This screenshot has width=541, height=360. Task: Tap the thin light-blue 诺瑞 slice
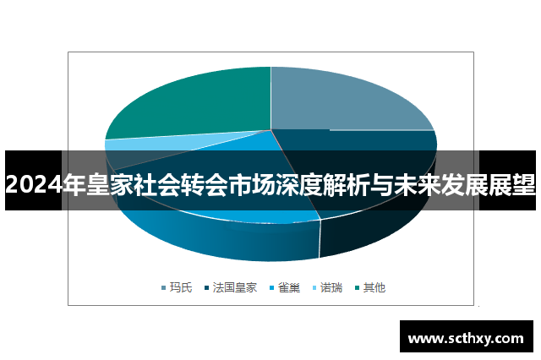point(127,145)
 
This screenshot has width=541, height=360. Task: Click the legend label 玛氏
point(182,287)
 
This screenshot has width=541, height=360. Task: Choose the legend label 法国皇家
point(236,287)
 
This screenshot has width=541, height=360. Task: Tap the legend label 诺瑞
point(332,287)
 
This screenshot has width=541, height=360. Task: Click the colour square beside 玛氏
point(164,288)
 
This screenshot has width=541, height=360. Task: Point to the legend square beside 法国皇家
point(207,288)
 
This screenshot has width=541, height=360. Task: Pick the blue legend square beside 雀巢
point(272,288)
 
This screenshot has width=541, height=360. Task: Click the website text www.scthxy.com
point(466,338)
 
